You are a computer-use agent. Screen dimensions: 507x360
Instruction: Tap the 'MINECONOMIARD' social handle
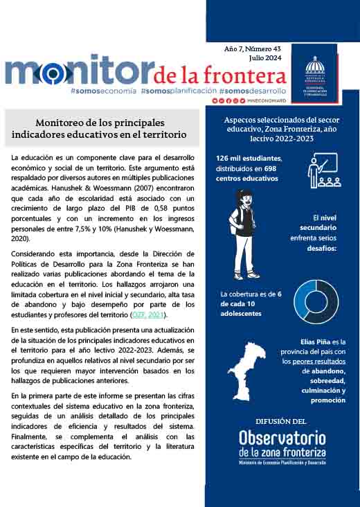[266, 101]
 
